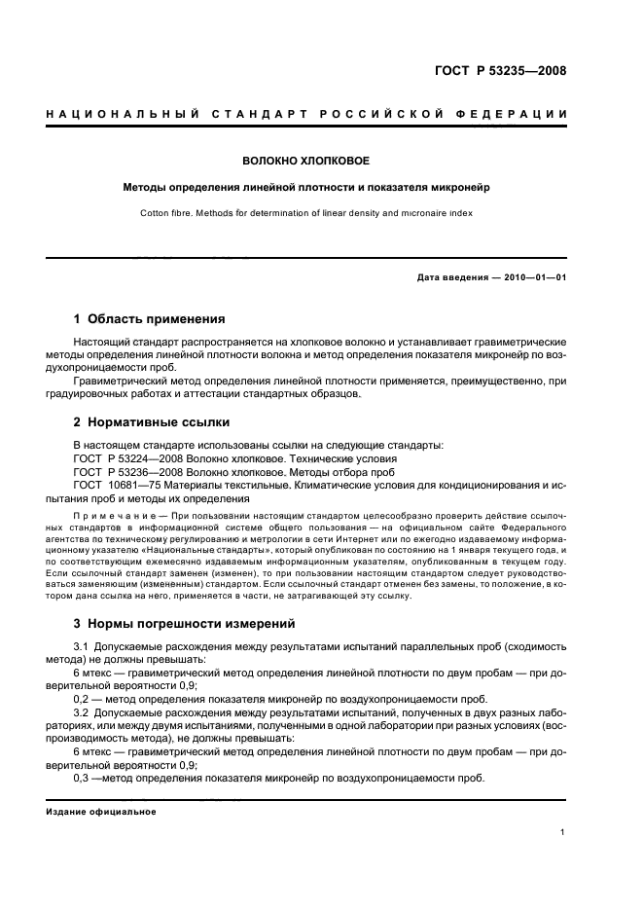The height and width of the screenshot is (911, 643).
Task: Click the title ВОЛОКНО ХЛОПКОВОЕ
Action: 306,160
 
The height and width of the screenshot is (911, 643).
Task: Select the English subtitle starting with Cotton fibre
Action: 306,210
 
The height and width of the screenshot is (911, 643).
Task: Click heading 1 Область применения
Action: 150,319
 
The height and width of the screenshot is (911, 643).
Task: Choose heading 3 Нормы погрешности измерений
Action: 185,624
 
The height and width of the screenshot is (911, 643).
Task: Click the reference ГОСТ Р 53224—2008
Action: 126,458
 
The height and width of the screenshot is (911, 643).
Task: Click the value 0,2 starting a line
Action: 83,700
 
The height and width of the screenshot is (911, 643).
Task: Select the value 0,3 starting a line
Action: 83,779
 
